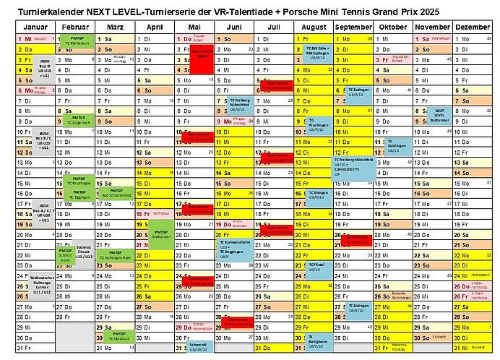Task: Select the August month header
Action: (314, 27)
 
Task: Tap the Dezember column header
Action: (473, 27)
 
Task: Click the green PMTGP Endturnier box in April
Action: (160, 236)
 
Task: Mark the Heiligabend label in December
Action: (478, 275)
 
